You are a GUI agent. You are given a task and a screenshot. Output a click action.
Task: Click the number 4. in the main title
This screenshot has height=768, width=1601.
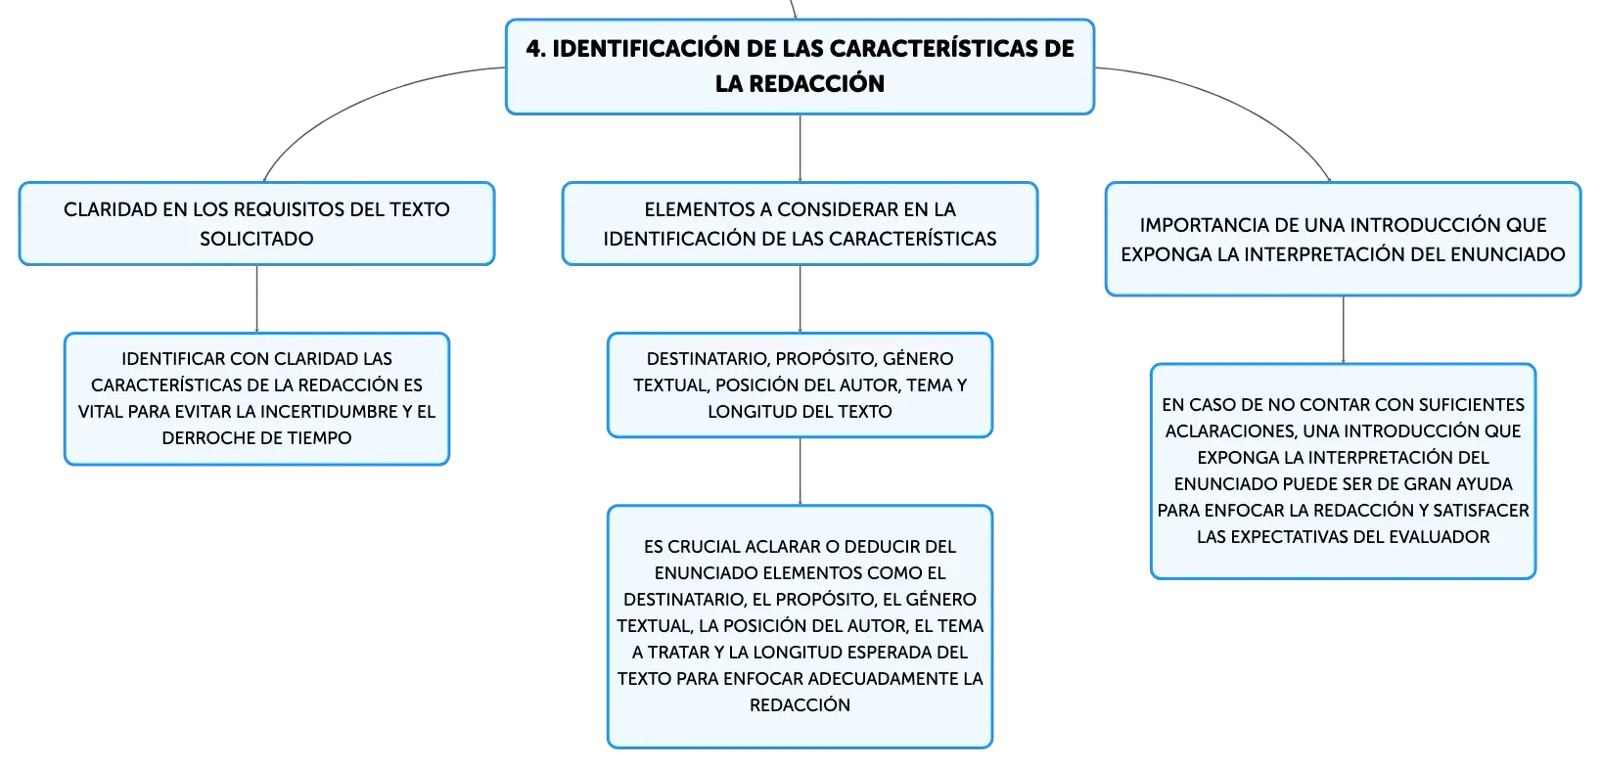tap(536, 49)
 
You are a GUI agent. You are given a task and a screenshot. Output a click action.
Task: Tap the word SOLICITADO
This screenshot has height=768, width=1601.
tap(256, 239)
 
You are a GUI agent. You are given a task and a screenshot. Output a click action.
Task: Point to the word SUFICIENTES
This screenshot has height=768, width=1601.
tap(1473, 404)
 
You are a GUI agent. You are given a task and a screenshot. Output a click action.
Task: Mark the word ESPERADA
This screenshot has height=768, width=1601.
tap(891, 653)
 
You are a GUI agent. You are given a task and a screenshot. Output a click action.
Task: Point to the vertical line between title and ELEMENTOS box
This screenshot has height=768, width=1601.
tap(800, 148)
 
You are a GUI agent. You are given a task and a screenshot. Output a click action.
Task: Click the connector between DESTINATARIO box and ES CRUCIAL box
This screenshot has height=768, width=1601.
tap(800, 472)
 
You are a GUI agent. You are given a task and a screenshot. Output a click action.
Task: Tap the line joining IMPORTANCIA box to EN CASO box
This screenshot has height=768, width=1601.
tap(1343, 330)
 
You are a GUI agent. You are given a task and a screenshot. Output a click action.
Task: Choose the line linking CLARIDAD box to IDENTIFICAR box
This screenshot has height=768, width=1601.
tap(256, 298)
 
